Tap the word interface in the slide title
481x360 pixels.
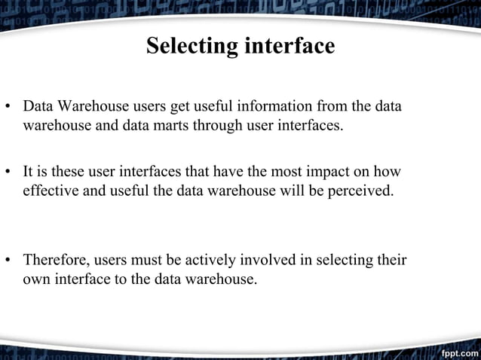[289, 47]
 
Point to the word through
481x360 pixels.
[216, 125]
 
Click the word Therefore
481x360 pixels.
[56, 261]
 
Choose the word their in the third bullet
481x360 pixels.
[391, 261]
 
